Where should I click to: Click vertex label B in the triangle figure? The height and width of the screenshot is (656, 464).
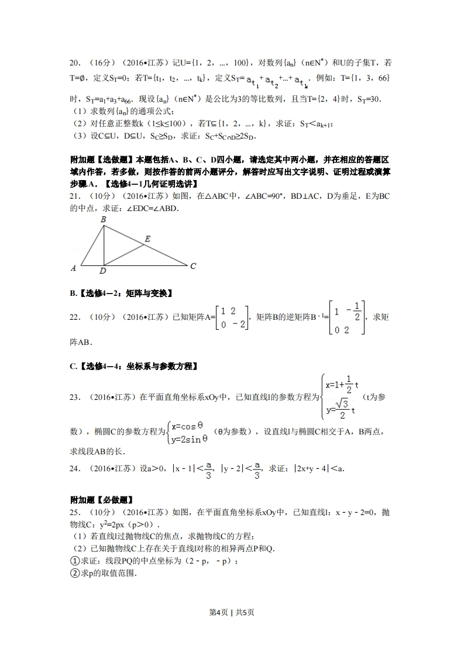click(104, 220)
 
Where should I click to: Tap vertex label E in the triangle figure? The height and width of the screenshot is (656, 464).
click(147, 239)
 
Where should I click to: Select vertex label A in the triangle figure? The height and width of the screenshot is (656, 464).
click(74, 268)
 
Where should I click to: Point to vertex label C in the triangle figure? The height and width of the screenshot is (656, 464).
click(193, 266)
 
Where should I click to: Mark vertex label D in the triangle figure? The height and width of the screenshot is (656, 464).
click(102, 271)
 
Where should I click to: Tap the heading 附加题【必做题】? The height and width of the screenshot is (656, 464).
click(101, 500)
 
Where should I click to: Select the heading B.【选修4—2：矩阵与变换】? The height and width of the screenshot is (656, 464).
click(121, 293)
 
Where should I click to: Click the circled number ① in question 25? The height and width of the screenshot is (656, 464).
click(74, 561)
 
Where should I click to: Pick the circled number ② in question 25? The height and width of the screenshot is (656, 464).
click(74, 574)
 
